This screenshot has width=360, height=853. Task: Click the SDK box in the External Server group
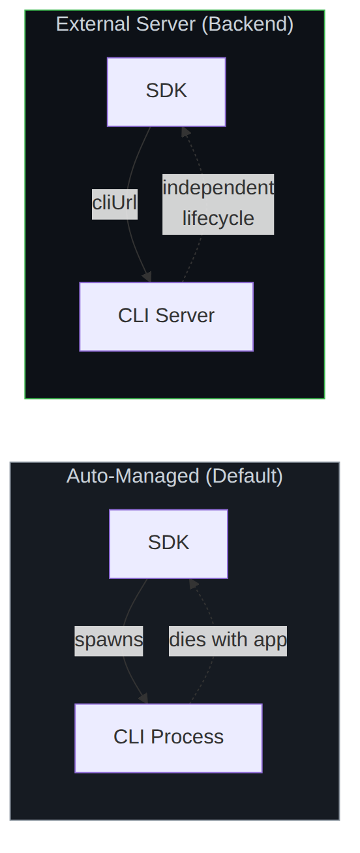click(166, 92)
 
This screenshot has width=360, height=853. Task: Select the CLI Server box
click(166, 316)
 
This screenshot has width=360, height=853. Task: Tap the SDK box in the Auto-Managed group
click(168, 544)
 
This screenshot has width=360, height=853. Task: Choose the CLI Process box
click(168, 738)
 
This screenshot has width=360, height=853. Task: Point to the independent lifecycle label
click(218, 204)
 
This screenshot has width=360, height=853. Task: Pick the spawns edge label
click(109, 641)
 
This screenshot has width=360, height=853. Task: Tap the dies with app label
click(228, 641)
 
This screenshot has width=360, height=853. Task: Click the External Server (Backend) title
click(175, 24)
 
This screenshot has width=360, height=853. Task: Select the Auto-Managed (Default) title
click(175, 476)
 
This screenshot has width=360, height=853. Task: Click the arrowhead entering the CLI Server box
click(147, 277)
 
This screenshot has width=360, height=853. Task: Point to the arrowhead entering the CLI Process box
click(144, 698)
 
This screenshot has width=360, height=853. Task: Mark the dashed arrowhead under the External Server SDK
click(185, 132)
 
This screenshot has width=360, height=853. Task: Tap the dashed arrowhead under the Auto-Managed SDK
click(194, 584)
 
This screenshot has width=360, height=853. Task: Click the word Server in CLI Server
click(185, 316)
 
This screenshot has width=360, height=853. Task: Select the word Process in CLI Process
click(187, 737)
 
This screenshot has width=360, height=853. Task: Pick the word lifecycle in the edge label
click(218, 218)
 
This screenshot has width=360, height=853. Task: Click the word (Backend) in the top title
click(248, 24)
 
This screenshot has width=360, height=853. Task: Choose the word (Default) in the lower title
click(244, 476)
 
